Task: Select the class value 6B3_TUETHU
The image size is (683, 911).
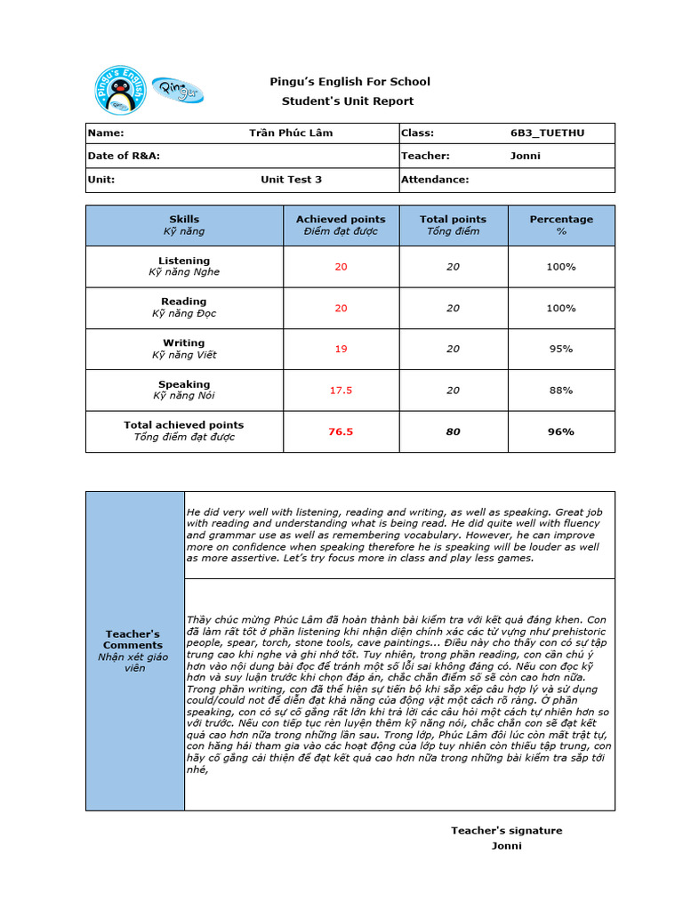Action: [542, 133]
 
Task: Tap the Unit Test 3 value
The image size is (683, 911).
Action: [291, 179]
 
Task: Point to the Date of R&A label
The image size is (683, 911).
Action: [124, 156]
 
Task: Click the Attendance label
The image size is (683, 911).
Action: [435, 179]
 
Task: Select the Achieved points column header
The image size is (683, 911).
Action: [341, 225]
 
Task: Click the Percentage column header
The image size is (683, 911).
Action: [560, 225]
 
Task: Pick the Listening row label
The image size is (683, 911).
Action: [184, 266]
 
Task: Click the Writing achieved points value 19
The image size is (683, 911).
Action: [341, 349]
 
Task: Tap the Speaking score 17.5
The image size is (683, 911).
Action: [341, 390]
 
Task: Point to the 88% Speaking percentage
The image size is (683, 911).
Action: [560, 390]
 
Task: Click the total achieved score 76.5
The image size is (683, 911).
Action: [341, 431]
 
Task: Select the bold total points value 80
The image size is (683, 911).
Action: [453, 431]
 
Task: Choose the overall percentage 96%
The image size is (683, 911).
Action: [560, 431]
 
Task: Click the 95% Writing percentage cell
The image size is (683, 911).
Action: [560, 349]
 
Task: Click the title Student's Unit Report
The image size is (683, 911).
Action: [348, 101]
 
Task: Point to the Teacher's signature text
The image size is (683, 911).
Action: [506, 830]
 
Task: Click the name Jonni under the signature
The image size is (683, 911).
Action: [506, 845]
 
